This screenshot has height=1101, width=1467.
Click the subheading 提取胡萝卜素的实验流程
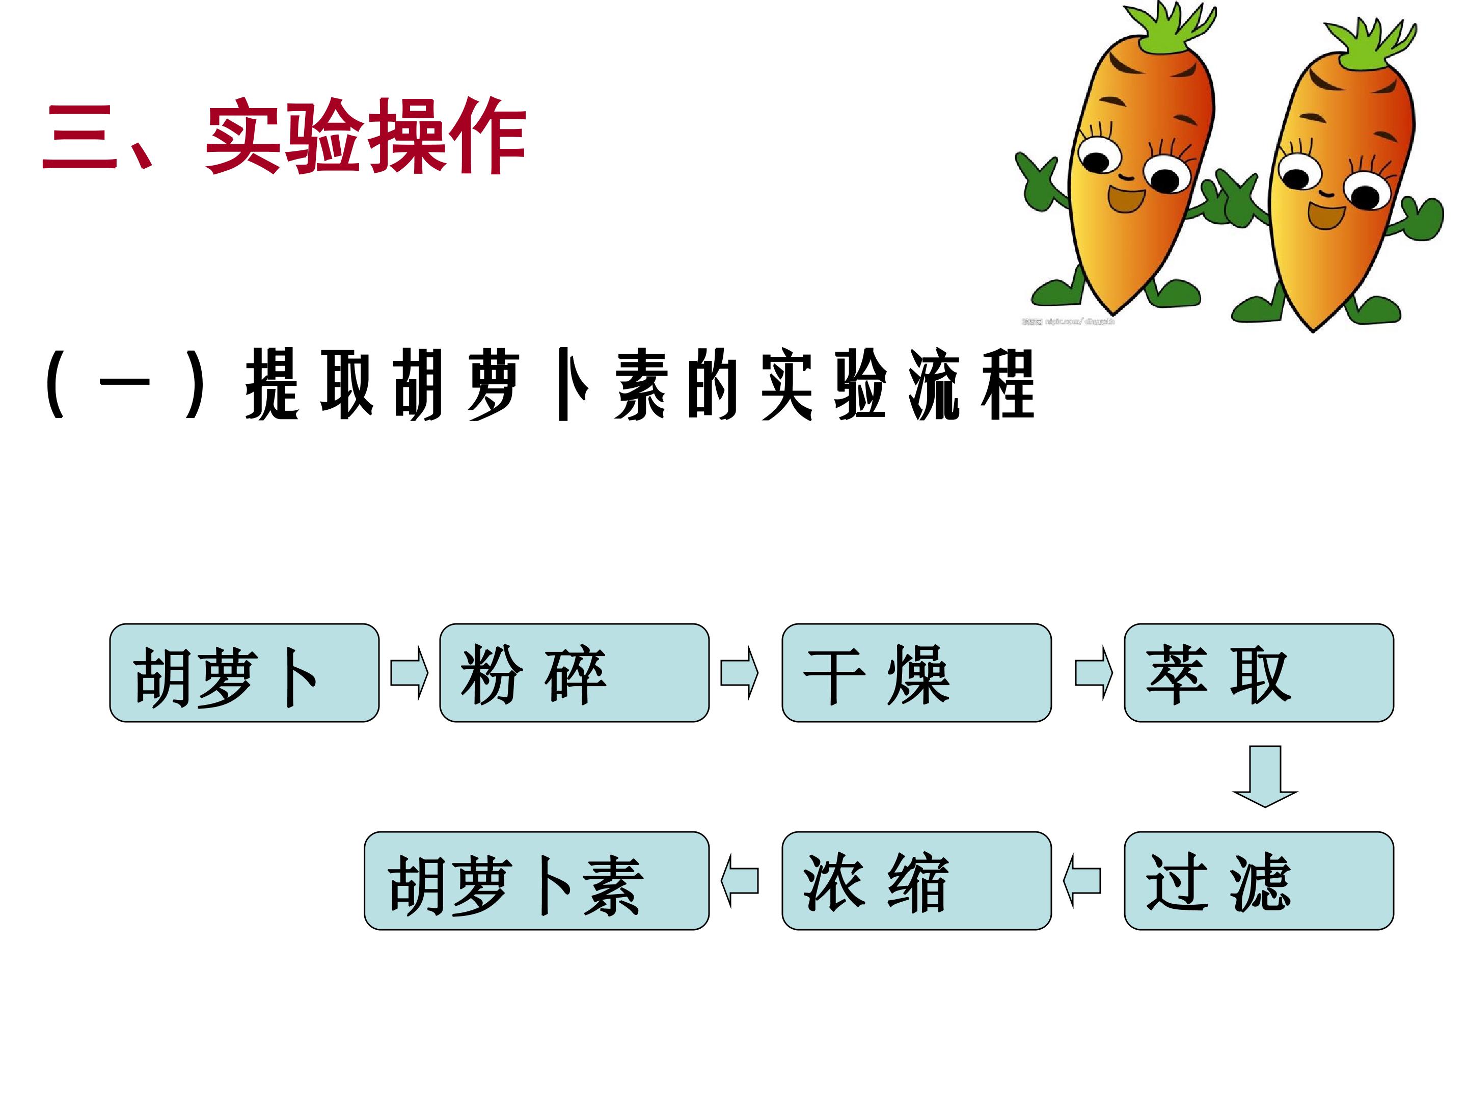click(640, 385)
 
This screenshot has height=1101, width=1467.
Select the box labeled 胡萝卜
click(244, 673)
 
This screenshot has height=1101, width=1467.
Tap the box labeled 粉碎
click(575, 673)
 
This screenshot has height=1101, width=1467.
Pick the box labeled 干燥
click(916, 673)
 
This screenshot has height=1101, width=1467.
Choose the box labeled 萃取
click(1259, 673)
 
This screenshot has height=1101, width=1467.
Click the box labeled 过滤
click(1259, 881)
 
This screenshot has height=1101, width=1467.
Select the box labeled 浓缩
click(916, 881)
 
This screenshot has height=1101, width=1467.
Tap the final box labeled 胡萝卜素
click(536, 881)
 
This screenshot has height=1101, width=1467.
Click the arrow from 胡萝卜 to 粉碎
click(409, 673)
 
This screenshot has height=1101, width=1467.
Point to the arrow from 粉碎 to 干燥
click(740, 673)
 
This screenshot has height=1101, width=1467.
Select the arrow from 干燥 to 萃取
click(1094, 673)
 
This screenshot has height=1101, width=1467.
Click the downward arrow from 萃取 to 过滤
click(1265, 776)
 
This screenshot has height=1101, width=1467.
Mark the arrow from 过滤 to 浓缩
click(1082, 881)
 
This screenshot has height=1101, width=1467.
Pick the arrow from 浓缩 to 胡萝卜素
click(740, 881)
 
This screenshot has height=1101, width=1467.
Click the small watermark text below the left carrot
click(1068, 322)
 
